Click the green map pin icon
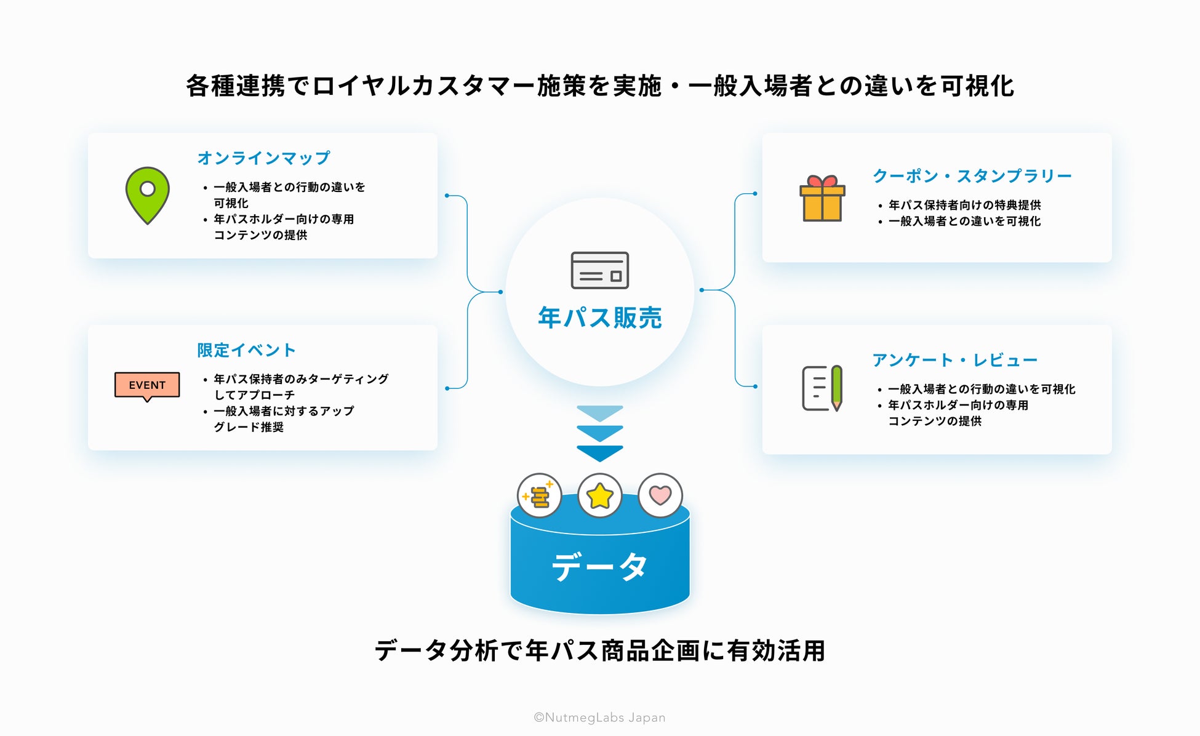click(x=147, y=194)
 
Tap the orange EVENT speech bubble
click(x=147, y=385)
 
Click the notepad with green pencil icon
click(x=822, y=388)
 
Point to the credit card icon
click(x=599, y=270)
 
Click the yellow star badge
click(x=599, y=495)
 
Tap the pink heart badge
click(x=660, y=495)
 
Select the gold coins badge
click(x=539, y=495)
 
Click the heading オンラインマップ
click(x=263, y=158)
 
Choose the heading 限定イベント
click(x=246, y=350)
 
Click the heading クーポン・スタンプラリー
click(x=972, y=176)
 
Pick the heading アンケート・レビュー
click(x=954, y=360)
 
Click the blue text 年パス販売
click(x=599, y=318)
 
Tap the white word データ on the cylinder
click(x=599, y=566)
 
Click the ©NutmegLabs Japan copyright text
click(x=599, y=718)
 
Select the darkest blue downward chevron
click(x=599, y=454)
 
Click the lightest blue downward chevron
click(x=599, y=412)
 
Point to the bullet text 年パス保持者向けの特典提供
click(x=964, y=205)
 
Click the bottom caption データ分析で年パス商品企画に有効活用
click(x=599, y=650)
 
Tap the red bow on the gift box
click(x=822, y=181)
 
